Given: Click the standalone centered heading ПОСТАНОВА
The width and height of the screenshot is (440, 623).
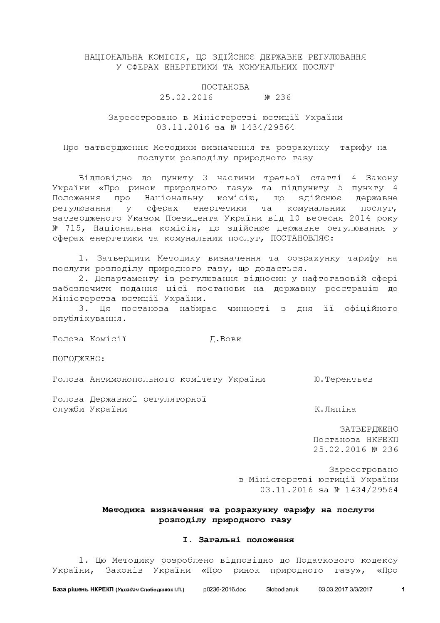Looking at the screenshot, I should point(225,87).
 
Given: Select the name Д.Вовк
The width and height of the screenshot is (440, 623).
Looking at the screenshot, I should point(225,339).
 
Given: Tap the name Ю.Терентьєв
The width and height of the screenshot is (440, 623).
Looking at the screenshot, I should point(343,380).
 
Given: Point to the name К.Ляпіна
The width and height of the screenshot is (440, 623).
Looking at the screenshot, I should point(335,410).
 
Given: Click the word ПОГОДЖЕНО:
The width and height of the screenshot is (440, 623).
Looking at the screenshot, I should point(79,359).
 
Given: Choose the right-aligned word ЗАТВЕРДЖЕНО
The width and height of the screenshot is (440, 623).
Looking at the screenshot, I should point(369,429).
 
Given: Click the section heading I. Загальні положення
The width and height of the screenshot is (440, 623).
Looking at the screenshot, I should point(238,540).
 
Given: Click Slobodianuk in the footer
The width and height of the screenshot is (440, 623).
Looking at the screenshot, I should point(285,590).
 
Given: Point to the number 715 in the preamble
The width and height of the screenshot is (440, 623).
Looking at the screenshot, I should point(76,228).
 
